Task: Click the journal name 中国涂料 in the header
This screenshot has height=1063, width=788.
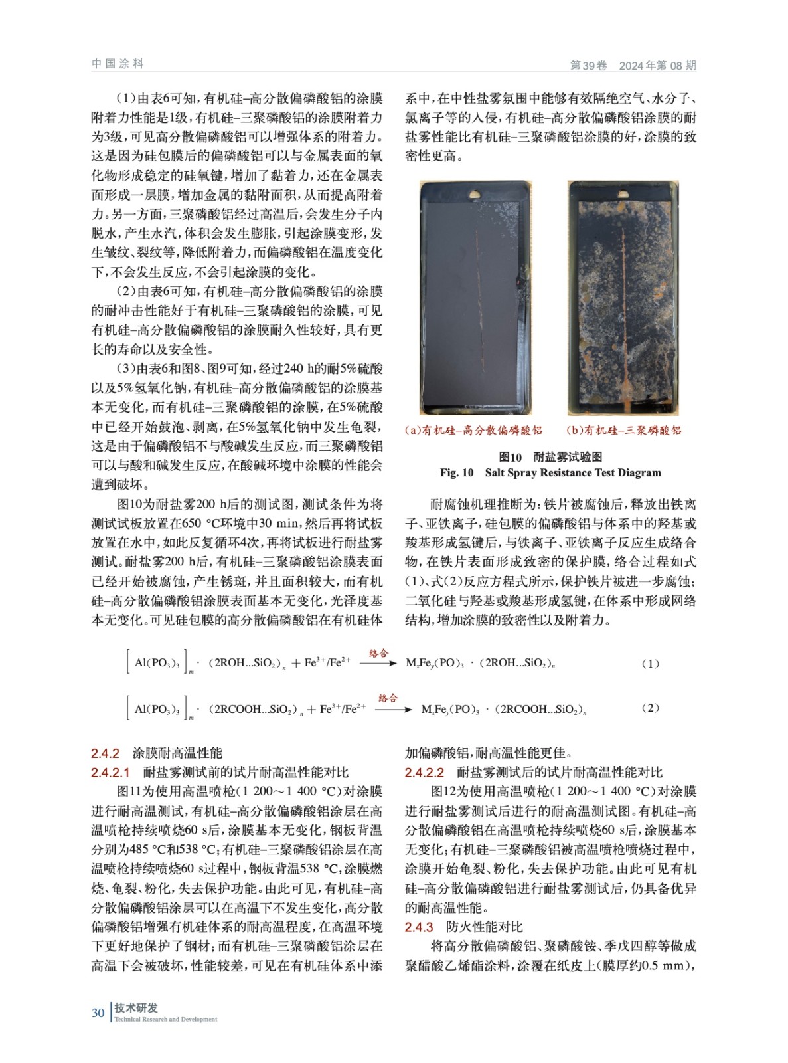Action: point(118,64)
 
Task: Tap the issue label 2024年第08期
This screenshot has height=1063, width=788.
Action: point(657,65)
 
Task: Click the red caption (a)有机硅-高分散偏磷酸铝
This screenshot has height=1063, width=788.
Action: point(473,430)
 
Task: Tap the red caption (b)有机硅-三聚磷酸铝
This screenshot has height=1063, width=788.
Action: point(623,430)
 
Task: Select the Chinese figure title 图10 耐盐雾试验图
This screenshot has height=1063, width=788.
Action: point(550,456)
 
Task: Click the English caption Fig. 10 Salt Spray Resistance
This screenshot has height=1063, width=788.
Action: point(550,472)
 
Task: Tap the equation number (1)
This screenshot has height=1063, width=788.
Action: point(650,663)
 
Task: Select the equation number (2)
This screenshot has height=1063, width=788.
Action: point(650,708)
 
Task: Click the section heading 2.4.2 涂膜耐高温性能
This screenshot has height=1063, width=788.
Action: point(157,753)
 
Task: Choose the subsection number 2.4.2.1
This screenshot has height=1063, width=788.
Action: point(111,772)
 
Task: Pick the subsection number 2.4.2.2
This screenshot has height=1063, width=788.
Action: point(424,772)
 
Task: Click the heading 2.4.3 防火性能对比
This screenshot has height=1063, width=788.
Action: point(463,927)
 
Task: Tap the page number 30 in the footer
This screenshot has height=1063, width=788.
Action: point(98,1013)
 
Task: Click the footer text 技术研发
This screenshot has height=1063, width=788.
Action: point(135,1007)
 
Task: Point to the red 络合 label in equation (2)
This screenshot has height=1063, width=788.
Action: point(388,698)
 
